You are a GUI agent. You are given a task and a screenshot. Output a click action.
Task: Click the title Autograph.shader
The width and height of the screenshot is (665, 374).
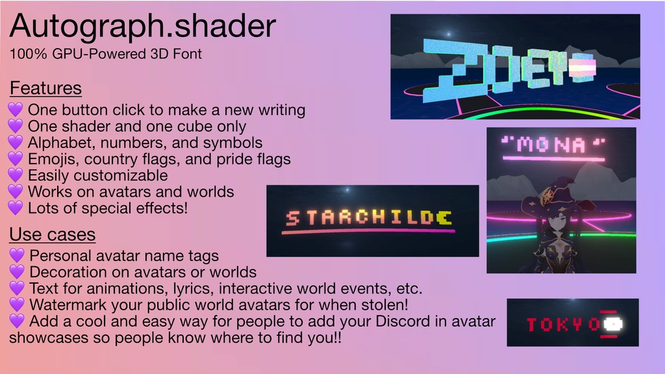point(143,27)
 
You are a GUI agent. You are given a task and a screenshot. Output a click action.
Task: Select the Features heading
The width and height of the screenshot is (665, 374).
point(45,88)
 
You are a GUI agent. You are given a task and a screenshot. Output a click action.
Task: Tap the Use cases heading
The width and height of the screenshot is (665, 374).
point(52,234)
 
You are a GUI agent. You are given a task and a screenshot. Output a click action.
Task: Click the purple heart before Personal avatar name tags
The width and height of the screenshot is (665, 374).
point(18,256)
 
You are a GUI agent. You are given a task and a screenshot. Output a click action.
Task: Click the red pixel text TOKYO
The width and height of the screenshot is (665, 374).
point(562,324)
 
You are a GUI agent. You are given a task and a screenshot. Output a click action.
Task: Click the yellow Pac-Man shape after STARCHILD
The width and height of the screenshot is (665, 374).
point(444,218)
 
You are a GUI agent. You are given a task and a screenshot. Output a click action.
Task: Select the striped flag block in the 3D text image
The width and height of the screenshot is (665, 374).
point(583,69)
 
